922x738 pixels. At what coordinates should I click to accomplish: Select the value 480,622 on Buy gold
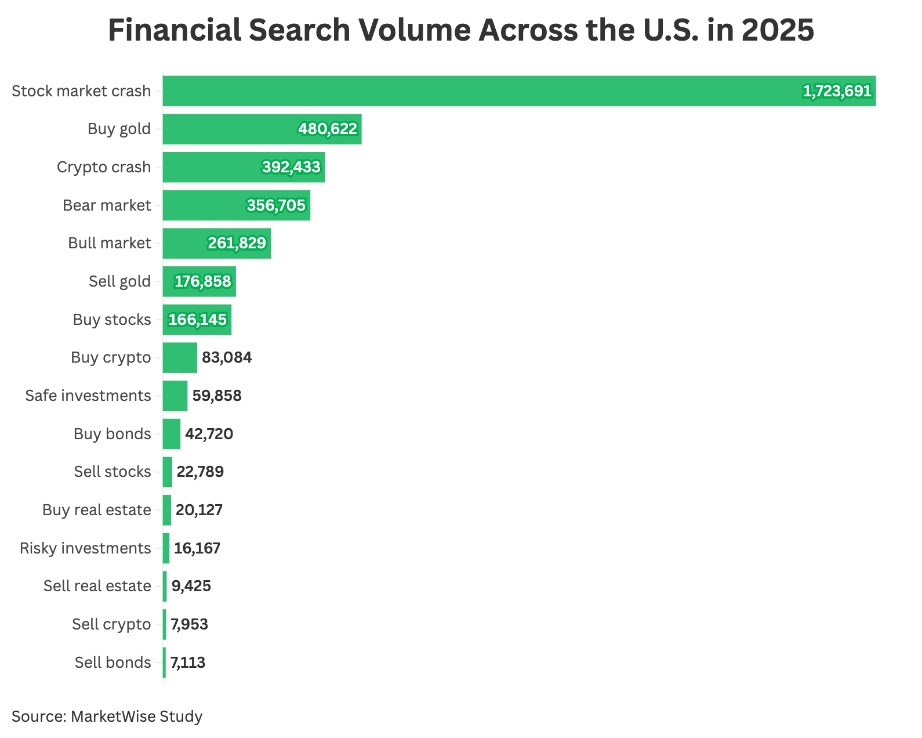click(x=328, y=129)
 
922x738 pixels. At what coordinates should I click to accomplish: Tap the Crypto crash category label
click(x=104, y=167)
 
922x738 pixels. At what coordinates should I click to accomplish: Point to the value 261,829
click(x=237, y=243)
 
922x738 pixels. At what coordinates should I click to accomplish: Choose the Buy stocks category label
click(x=112, y=320)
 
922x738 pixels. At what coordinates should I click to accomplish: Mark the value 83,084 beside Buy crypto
click(x=227, y=357)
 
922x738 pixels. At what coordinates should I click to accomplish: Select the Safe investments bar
click(x=175, y=396)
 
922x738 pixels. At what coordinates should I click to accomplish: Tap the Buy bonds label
click(x=112, y=434)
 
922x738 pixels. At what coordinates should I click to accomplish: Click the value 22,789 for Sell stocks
click(x=200, y=472)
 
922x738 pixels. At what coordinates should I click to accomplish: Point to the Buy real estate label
click(x=97, y=510)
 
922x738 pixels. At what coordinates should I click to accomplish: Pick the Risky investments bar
click(x=166, y=548)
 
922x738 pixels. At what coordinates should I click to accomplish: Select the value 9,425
click(x=191, y=586)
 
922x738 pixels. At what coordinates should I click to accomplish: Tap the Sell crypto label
click(x=111, y=624)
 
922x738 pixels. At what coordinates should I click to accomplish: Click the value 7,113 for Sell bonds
click(x=188, y=663)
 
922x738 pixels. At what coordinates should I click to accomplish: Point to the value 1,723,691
click(x=837, y=91)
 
